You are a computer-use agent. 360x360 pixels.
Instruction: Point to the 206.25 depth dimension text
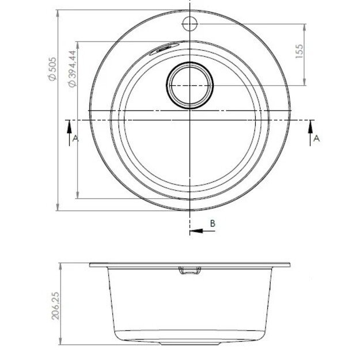coord(56,305)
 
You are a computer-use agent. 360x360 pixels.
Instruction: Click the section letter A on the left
coord(74,138)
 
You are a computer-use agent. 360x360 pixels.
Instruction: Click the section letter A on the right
coord(316,138)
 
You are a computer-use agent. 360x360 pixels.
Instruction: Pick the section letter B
coord(212,223)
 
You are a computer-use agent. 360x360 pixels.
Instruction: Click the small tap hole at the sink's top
coord(190,24)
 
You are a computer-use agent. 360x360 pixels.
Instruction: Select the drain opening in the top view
coord(190,85)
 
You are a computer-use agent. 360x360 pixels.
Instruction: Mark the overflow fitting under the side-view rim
coord(190,271)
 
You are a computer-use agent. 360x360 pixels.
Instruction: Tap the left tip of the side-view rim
coord(90,265)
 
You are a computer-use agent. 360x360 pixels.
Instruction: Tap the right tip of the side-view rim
coord(289,265)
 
